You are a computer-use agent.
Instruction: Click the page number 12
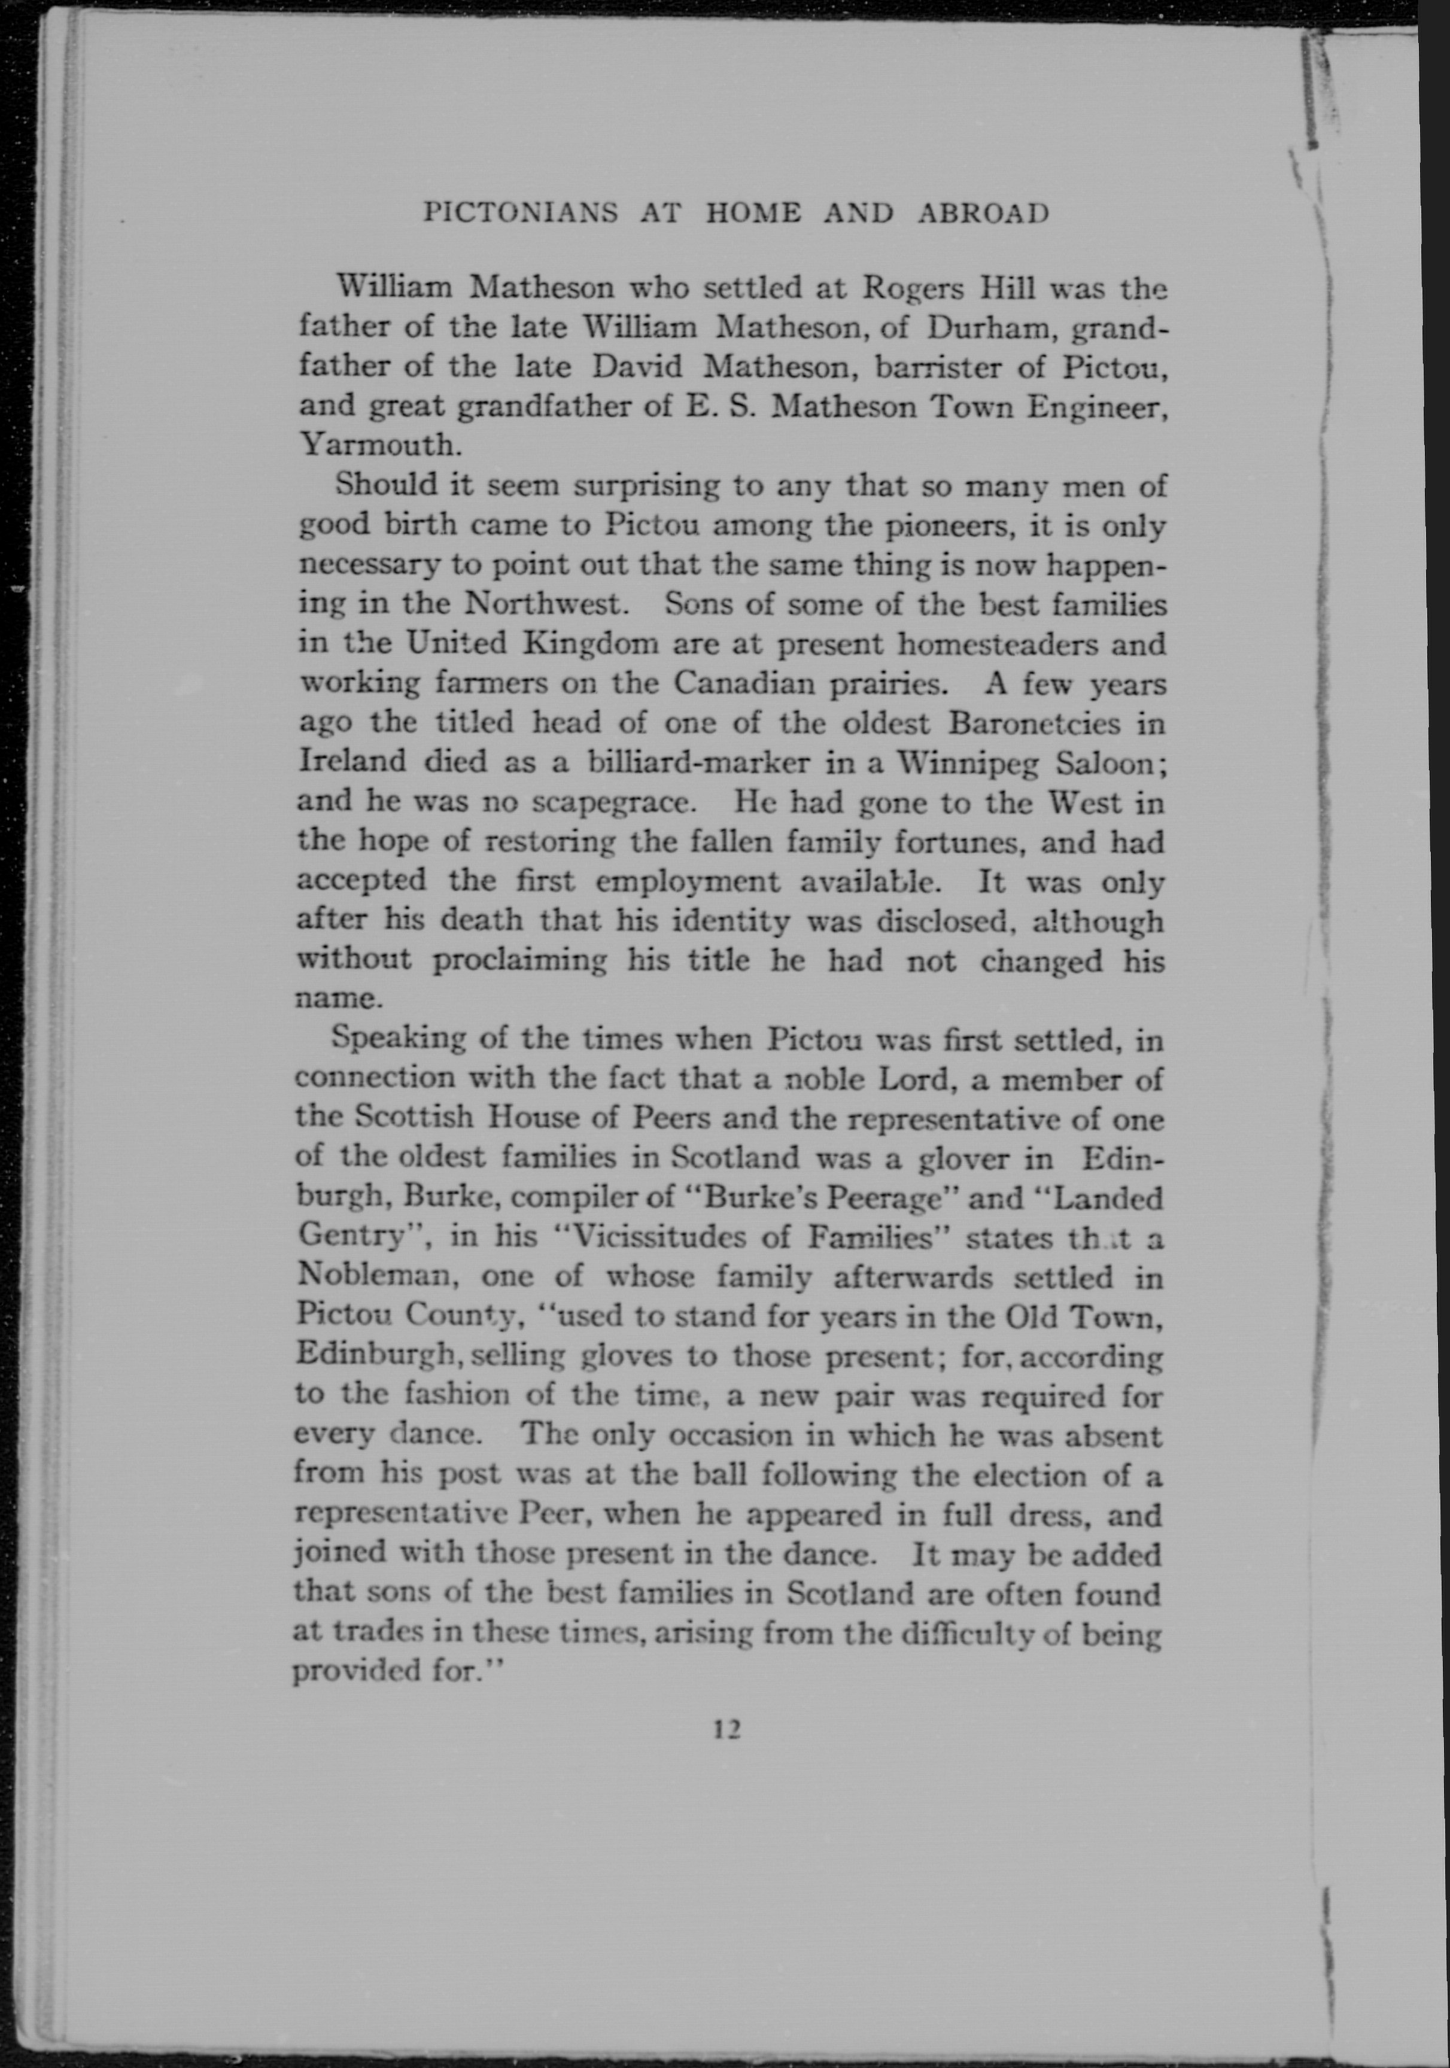tap(726, 1729)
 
